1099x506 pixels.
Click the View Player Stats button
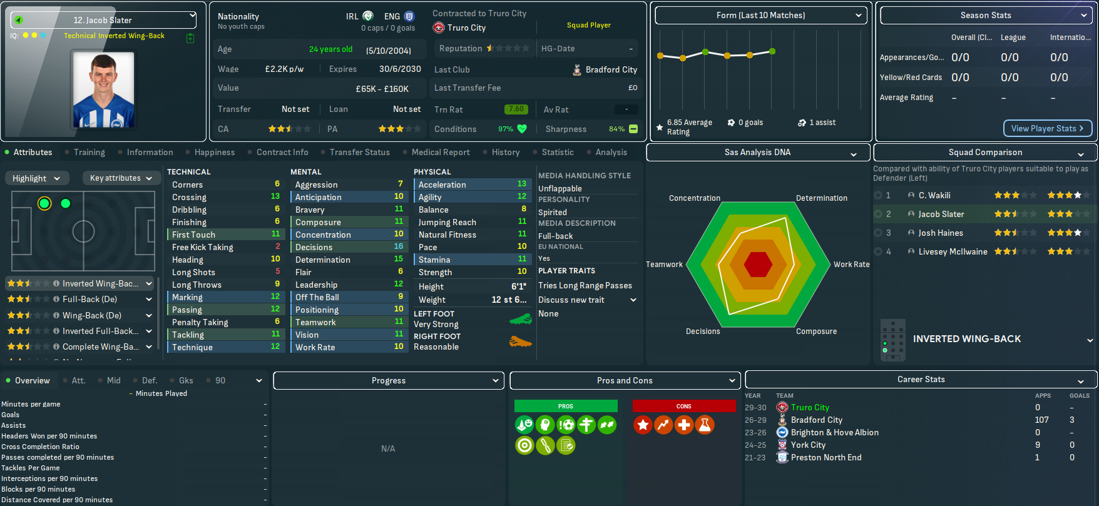click(1048, 128)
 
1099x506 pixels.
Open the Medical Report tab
click(441, 152)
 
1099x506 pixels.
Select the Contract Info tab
click(282, 152)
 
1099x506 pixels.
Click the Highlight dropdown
click(36, 178)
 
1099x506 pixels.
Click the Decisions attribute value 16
click(399, 247)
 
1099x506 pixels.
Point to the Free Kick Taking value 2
click(278, 247)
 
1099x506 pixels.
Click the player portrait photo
click(103, 89)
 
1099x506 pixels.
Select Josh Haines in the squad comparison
click(941, 233)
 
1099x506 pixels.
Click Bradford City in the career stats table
click(816, 420)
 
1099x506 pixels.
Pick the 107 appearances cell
click(1041, 420)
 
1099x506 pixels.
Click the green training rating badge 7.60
click(516, 109)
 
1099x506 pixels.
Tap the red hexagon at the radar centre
click(758, 265)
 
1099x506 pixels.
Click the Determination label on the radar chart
click(821, 198)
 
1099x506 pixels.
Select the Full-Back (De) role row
click(89, 299)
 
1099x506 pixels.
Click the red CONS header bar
click(683, 407)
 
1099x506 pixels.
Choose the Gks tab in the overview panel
click(186, 380)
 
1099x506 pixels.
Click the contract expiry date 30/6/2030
click(400, 69)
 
